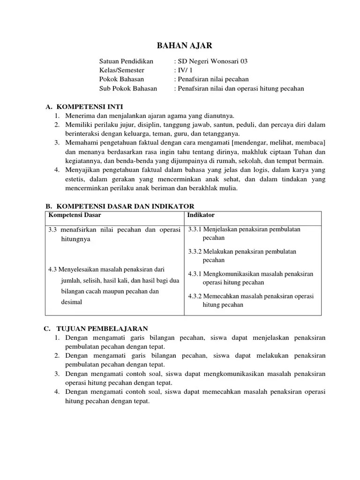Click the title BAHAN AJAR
(x=180, y=45)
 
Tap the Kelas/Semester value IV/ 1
(x=181, y=70)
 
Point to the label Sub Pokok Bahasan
(x=128, y=88)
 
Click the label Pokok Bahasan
(x=122, y=79)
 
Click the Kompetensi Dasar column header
(x=75, y=215)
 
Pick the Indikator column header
(x=201, y=215)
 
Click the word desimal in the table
(x=71, y=302)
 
